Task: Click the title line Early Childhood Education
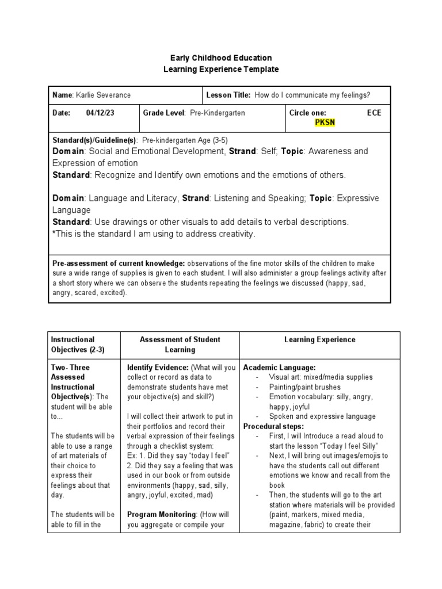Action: (221, 58)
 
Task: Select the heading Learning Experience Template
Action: (221, 69)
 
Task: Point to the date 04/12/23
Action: (100, 113)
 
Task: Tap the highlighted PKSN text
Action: (325, 123)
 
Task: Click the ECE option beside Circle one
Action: (374, 113)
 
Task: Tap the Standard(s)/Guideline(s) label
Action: (94, 140)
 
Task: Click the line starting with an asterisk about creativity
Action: (154, 234)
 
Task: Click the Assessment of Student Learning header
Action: (180, 345)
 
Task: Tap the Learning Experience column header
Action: (319, 340)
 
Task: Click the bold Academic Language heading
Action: (279, 368)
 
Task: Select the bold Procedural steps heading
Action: (274, 426)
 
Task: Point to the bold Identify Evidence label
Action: (158, 368)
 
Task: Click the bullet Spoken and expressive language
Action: (322, 416)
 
